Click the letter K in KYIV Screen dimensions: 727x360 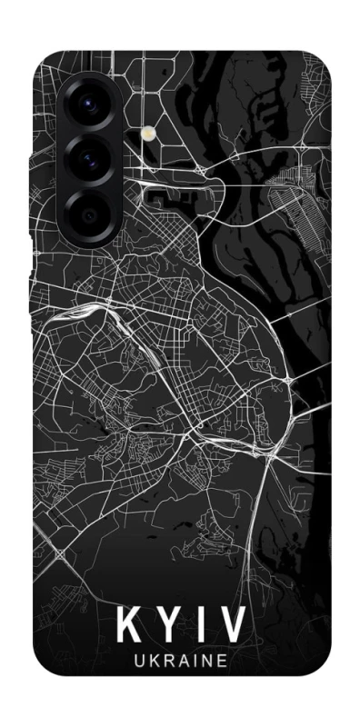point(129,628)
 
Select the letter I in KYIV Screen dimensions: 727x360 point(199,628)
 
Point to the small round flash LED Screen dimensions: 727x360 point(145,133)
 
